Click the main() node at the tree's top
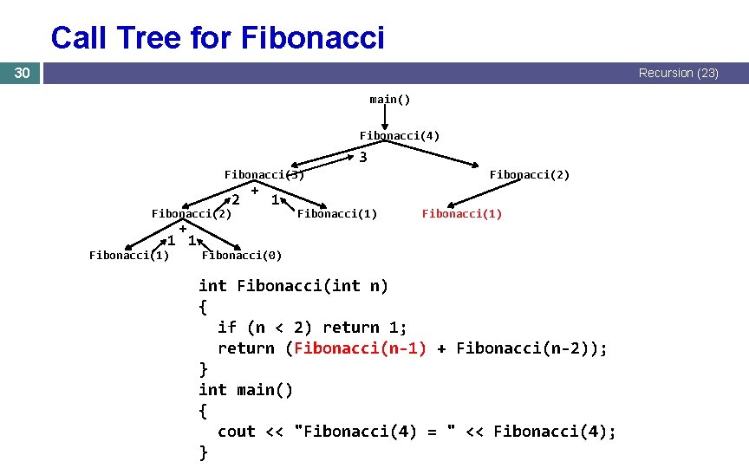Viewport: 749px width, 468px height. tap(389, 99)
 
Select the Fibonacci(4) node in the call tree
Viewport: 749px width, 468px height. tap(400, 135)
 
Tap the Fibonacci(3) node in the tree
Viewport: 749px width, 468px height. tap(264, 174)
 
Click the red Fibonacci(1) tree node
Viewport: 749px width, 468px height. tap(461, 213)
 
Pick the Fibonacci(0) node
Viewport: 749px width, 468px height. tap(241, 254)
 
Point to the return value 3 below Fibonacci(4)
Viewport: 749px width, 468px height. tap(362, 158)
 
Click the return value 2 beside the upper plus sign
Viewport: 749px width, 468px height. tap(235, 200)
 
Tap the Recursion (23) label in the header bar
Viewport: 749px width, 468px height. tap(678, 73)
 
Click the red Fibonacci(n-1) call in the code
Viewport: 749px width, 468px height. tap(360, 348)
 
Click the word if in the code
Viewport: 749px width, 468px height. tap(227, 328)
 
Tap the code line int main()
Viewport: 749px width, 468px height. tap(246, 390)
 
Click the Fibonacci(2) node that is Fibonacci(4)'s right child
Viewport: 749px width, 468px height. tap(529, 174)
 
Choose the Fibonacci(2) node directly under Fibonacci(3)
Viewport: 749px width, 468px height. tap(191, 213)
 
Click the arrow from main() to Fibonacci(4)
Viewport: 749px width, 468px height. tap(384, 117)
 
